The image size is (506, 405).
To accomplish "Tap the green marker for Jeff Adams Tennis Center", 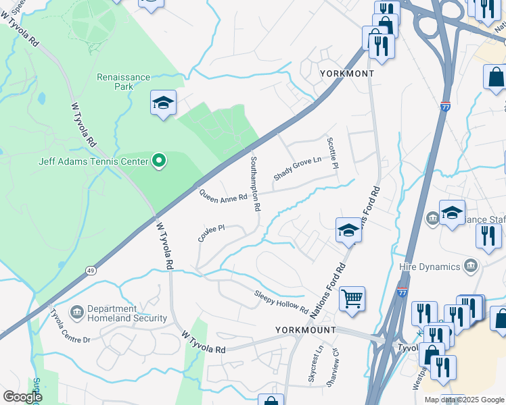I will tap(159, 161).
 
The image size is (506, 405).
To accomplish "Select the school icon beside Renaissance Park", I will tap(163, 103).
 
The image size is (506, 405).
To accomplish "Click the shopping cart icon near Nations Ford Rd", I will tap(352, 298).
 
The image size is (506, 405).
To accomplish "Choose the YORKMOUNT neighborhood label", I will tap(306, 330).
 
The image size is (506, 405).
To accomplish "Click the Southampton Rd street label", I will tap(255, 184).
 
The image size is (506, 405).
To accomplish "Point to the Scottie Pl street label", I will tap(331, 153).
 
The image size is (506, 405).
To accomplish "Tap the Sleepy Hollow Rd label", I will tap(281, 300).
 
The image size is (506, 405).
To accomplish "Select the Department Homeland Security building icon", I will tap(76, 311).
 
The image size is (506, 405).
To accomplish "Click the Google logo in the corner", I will tap(22, 396).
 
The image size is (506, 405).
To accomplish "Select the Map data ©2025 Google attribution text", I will tap(463, 400).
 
